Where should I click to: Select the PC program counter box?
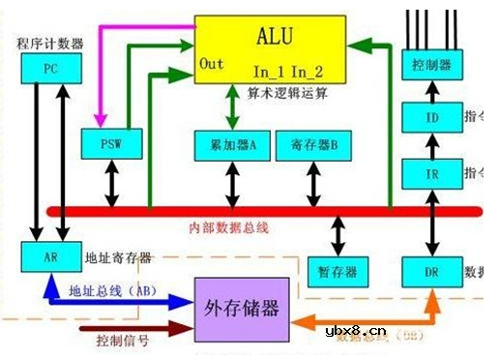click(49, 70)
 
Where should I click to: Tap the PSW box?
click(114, 145)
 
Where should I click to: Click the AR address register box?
click(49, 257)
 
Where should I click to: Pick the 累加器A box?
click(232, 145)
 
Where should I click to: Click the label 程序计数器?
click(50, 44)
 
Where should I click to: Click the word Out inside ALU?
click(212, 64)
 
